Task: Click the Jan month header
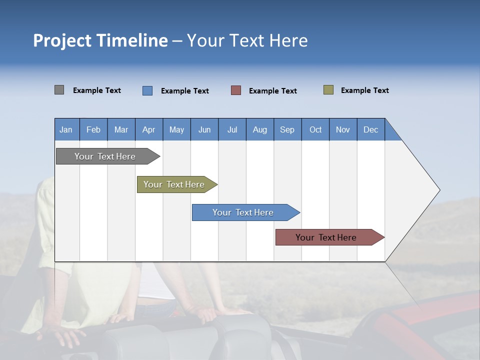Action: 66,129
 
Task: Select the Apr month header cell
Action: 148,129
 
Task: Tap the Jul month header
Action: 232,129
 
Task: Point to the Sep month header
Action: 287,129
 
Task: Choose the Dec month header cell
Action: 370,129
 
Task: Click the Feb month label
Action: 93,129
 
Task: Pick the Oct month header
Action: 315,129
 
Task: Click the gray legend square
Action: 59,90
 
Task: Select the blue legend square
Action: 147,90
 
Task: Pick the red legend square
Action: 236,90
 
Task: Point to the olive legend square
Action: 328,90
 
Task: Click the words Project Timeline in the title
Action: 100,40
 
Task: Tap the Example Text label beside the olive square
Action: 364,90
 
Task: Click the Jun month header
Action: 204,129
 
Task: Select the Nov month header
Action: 343,129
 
